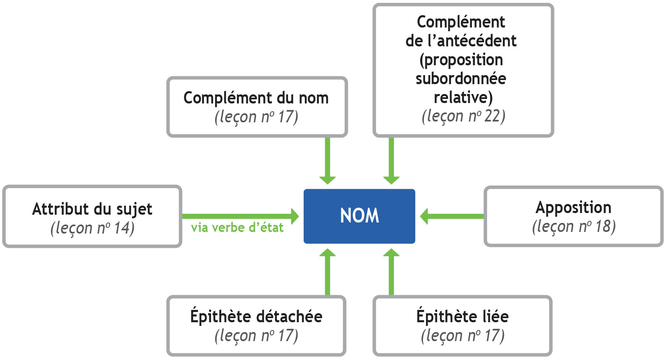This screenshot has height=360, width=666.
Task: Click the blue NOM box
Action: tap(359, 216)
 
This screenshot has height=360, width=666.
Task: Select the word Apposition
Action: tap(573, 208)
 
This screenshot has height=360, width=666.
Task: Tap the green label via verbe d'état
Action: tap(237, 228)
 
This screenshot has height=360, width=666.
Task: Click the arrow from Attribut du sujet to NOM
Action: tap(240, 216)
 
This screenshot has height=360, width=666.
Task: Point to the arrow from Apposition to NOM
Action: tap(451, 216)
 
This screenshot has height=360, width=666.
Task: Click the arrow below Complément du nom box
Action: tap(327, 160)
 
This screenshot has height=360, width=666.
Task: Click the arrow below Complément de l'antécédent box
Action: tap(391, 160)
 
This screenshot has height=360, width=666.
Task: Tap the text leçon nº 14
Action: tap(92, 228)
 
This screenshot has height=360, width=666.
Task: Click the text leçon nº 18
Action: tap(574, 227)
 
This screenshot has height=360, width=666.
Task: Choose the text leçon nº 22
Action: tap(463, 116)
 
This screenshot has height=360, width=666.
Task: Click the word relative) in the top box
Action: tap(463, 98)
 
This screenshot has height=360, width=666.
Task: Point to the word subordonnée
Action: tap(461, 79)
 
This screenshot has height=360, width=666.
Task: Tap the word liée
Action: tap(495, 317)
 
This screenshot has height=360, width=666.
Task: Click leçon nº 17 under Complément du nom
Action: tap(256, 117)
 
